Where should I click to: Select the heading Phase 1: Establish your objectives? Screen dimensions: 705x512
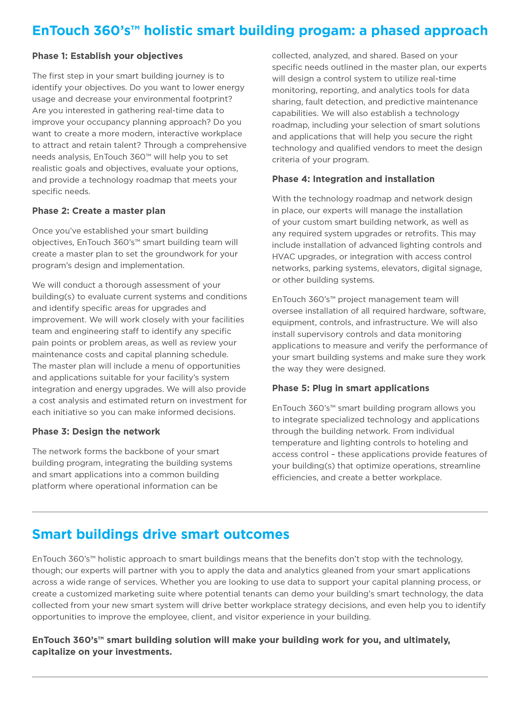107,56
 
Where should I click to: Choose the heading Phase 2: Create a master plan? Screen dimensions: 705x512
99,211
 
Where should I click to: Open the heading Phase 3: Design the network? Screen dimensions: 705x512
96,432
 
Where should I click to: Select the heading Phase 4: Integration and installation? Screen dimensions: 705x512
353,179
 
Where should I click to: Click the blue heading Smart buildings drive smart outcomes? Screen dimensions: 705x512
161,534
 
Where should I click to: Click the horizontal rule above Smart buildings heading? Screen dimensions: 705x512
259,512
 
